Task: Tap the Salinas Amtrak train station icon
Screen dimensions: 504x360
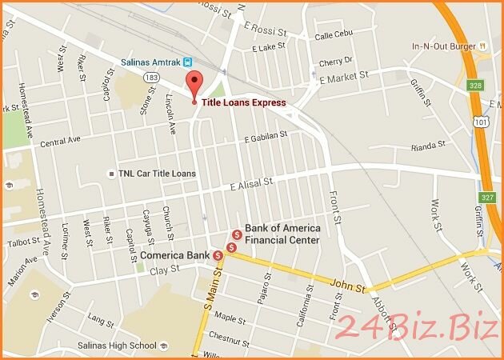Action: [x=187, y=61]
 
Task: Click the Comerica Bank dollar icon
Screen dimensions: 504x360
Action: [x=218, y=255]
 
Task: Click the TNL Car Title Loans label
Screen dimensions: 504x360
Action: [x=155, y=173]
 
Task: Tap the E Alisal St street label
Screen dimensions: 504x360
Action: [x=250, y=183]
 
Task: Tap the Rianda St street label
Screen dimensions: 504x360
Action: [x=426, y=146]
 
